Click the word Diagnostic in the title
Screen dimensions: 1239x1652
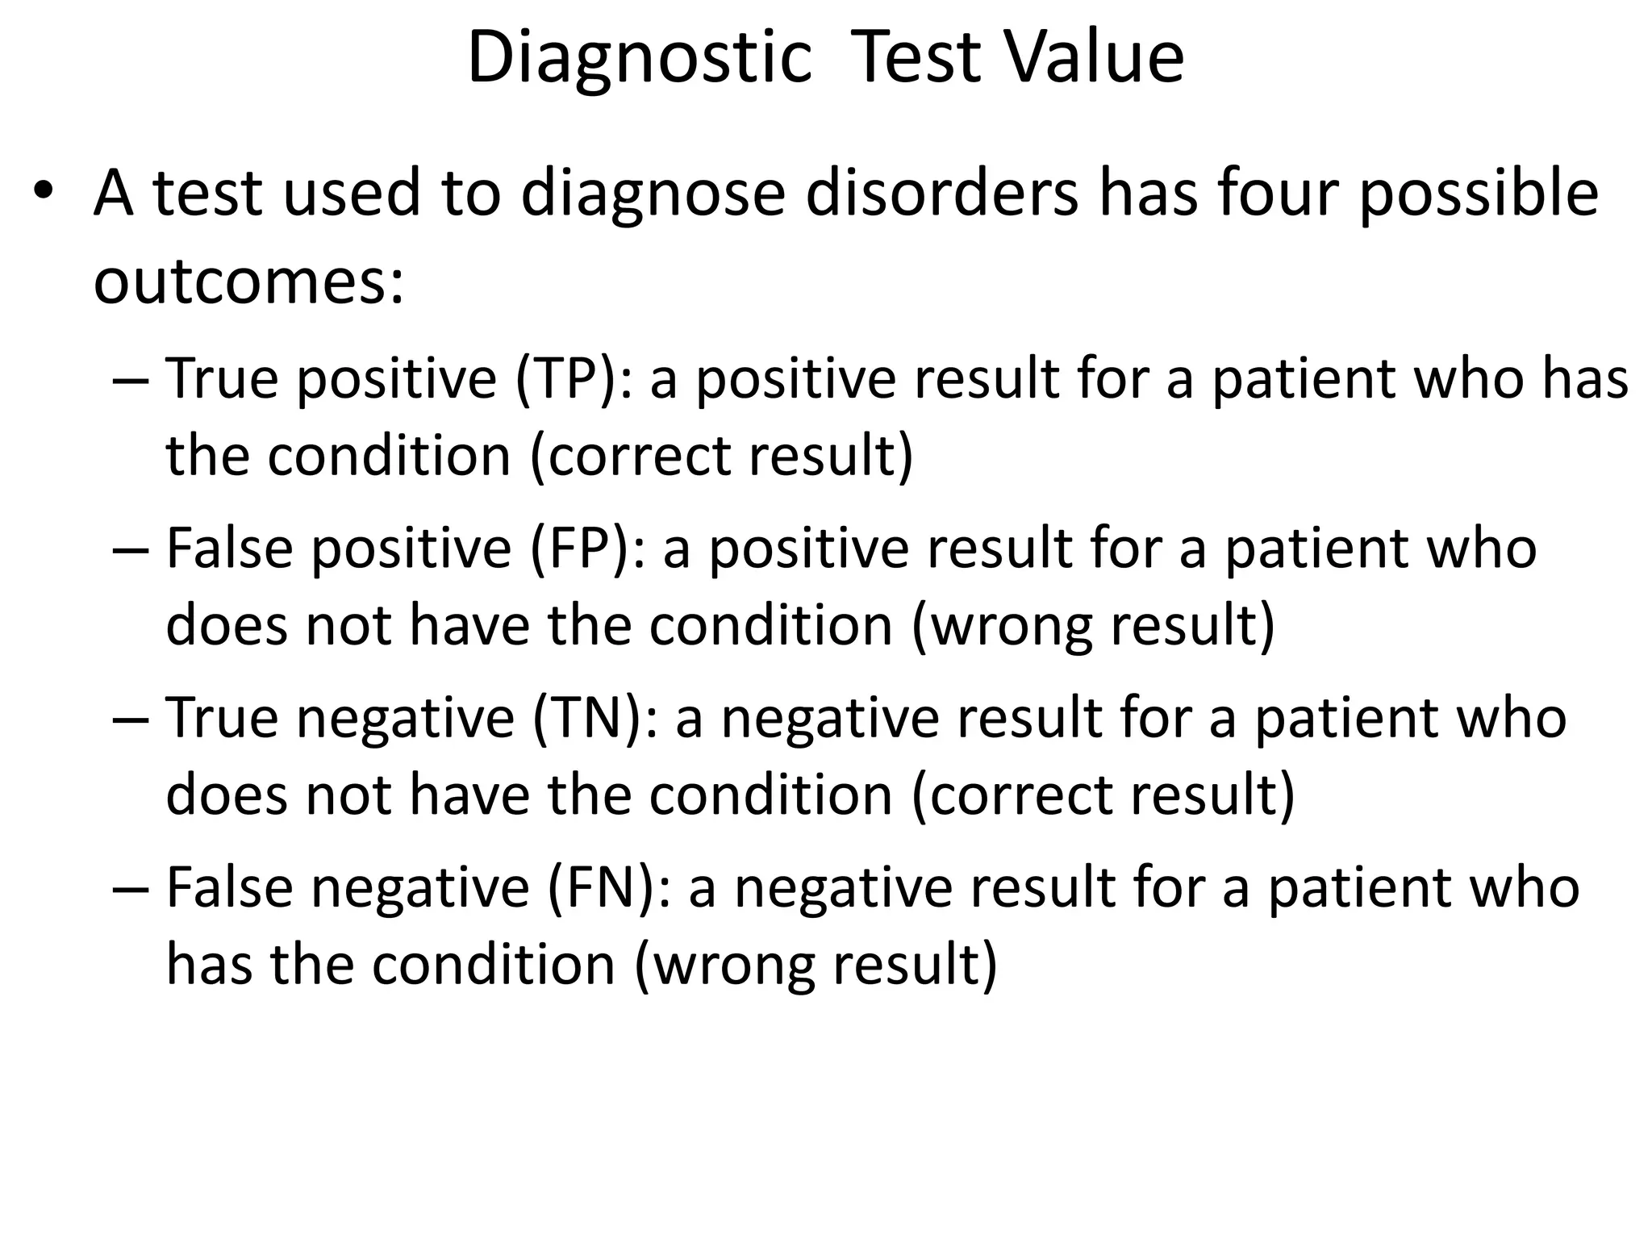point(639,58)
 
